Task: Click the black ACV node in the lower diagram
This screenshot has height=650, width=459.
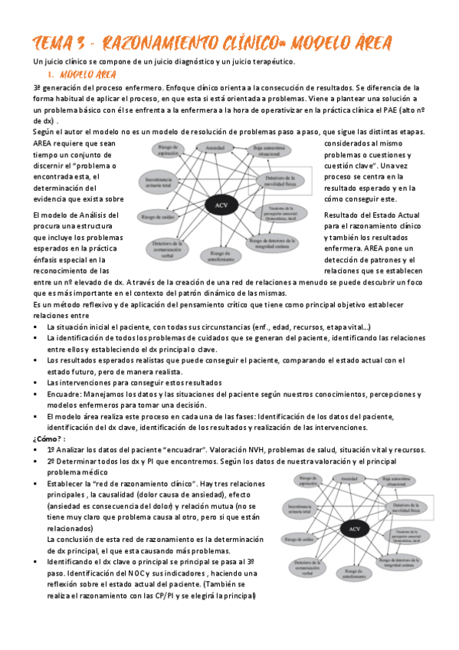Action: coord(354,530)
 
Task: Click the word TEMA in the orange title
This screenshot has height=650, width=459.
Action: coord(51,43)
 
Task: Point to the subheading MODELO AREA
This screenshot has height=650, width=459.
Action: coord(87,74)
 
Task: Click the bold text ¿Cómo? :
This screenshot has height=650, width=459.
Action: coord(50,438)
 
